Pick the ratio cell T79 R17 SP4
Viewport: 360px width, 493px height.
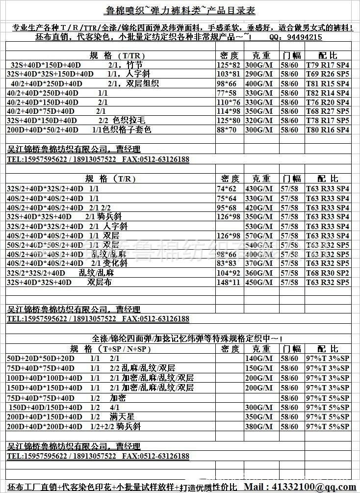327,65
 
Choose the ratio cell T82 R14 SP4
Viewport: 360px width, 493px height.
327,93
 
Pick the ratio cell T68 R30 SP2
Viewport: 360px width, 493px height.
327,273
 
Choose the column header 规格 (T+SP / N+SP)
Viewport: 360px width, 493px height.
110,349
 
